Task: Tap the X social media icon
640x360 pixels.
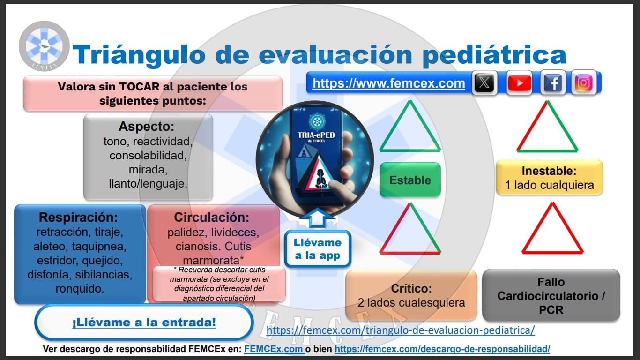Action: pos(484,83)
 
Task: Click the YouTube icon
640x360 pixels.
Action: pos(519,83)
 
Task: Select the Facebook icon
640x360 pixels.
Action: pos(553,83)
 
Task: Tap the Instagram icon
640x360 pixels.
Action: pos(584,83)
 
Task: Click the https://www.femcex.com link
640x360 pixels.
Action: pos(388,83)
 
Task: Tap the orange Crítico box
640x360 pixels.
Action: pos(411,295)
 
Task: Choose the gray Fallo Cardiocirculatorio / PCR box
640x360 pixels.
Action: pos(551,295)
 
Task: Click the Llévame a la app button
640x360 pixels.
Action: pos(317,249)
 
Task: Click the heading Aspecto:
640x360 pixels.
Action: pos(146,127)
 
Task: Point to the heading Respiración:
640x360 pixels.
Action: pos(78,217)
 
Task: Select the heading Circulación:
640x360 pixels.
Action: pos(211,217)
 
